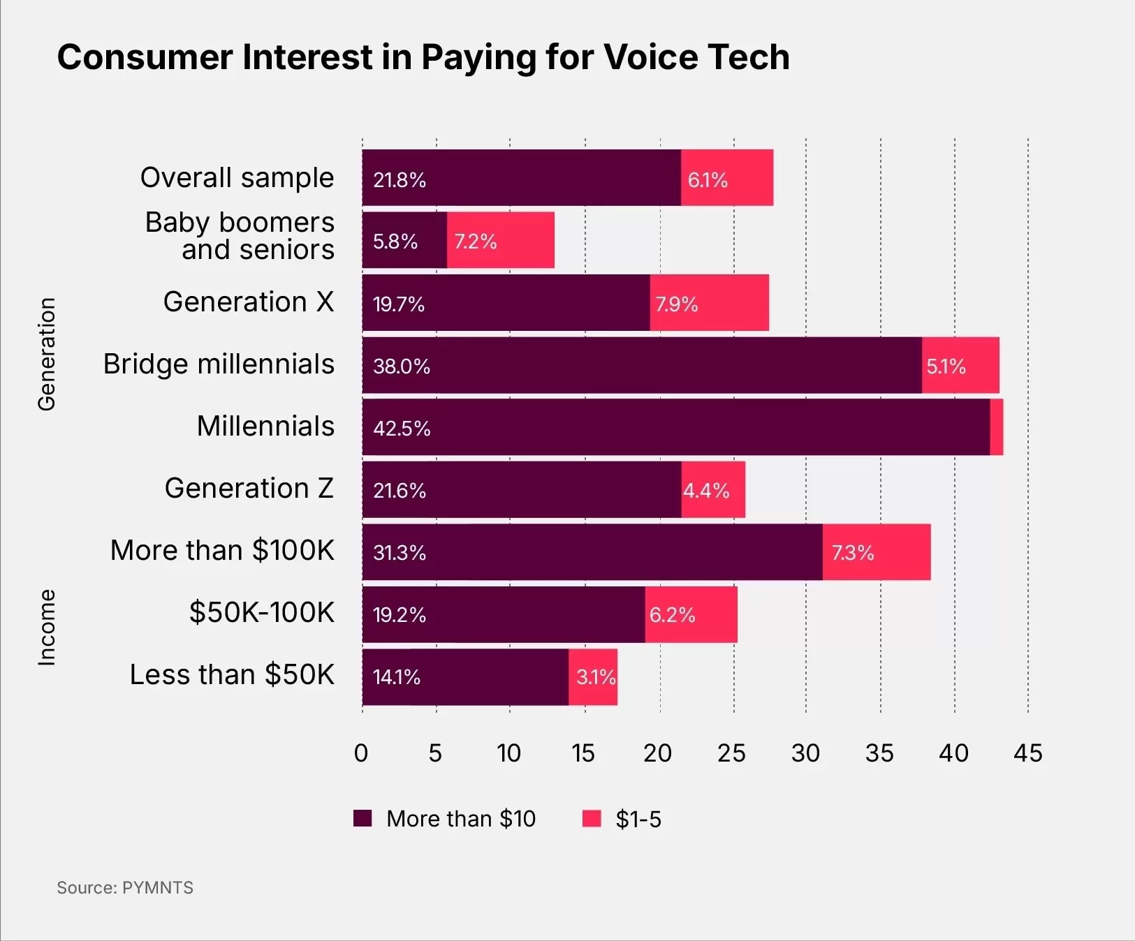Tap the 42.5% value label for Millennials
(402, 428)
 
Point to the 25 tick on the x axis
(731, 753)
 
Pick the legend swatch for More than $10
(363, 818)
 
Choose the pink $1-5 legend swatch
(592, 818)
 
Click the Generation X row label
(249, 302)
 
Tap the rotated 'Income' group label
(46, 627)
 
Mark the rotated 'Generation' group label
(46, 354)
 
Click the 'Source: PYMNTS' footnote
(125, 887)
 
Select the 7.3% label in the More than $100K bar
(853, 553)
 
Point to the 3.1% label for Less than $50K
(596, 677)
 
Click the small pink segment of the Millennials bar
(997, 427)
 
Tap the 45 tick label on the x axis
(1027, 753)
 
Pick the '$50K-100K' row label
(262, 612)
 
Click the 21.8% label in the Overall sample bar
(400, 180)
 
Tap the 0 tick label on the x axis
(361, 753)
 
